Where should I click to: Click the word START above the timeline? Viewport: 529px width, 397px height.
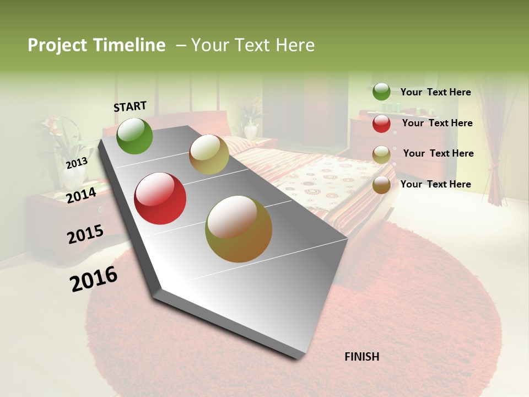(130, 106)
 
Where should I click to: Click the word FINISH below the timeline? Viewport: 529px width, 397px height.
(361, 357)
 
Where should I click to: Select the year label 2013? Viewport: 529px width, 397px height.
(77, 163)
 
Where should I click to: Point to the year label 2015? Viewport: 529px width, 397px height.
(85, 234)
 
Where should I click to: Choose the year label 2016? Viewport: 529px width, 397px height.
(94, 279)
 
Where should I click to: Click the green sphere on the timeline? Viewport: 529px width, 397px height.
(134, 136)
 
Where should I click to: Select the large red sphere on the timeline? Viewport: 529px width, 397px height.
(160, 198)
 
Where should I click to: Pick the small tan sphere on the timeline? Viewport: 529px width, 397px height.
(209, 154)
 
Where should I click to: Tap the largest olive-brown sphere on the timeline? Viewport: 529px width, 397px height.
(239, 229)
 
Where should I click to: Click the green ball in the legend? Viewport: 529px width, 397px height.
(381, 92)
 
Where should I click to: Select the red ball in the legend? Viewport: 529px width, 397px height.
(381, 124)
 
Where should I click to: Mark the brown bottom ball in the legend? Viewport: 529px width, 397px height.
(381, 185)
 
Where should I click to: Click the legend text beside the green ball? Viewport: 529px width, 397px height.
(435, 92)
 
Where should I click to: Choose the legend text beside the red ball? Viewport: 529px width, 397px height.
(437, 123)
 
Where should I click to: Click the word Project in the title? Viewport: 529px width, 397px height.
(58, 45)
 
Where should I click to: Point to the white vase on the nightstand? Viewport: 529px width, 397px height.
(74, 177)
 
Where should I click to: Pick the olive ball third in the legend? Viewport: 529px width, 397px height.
(381, 154)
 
